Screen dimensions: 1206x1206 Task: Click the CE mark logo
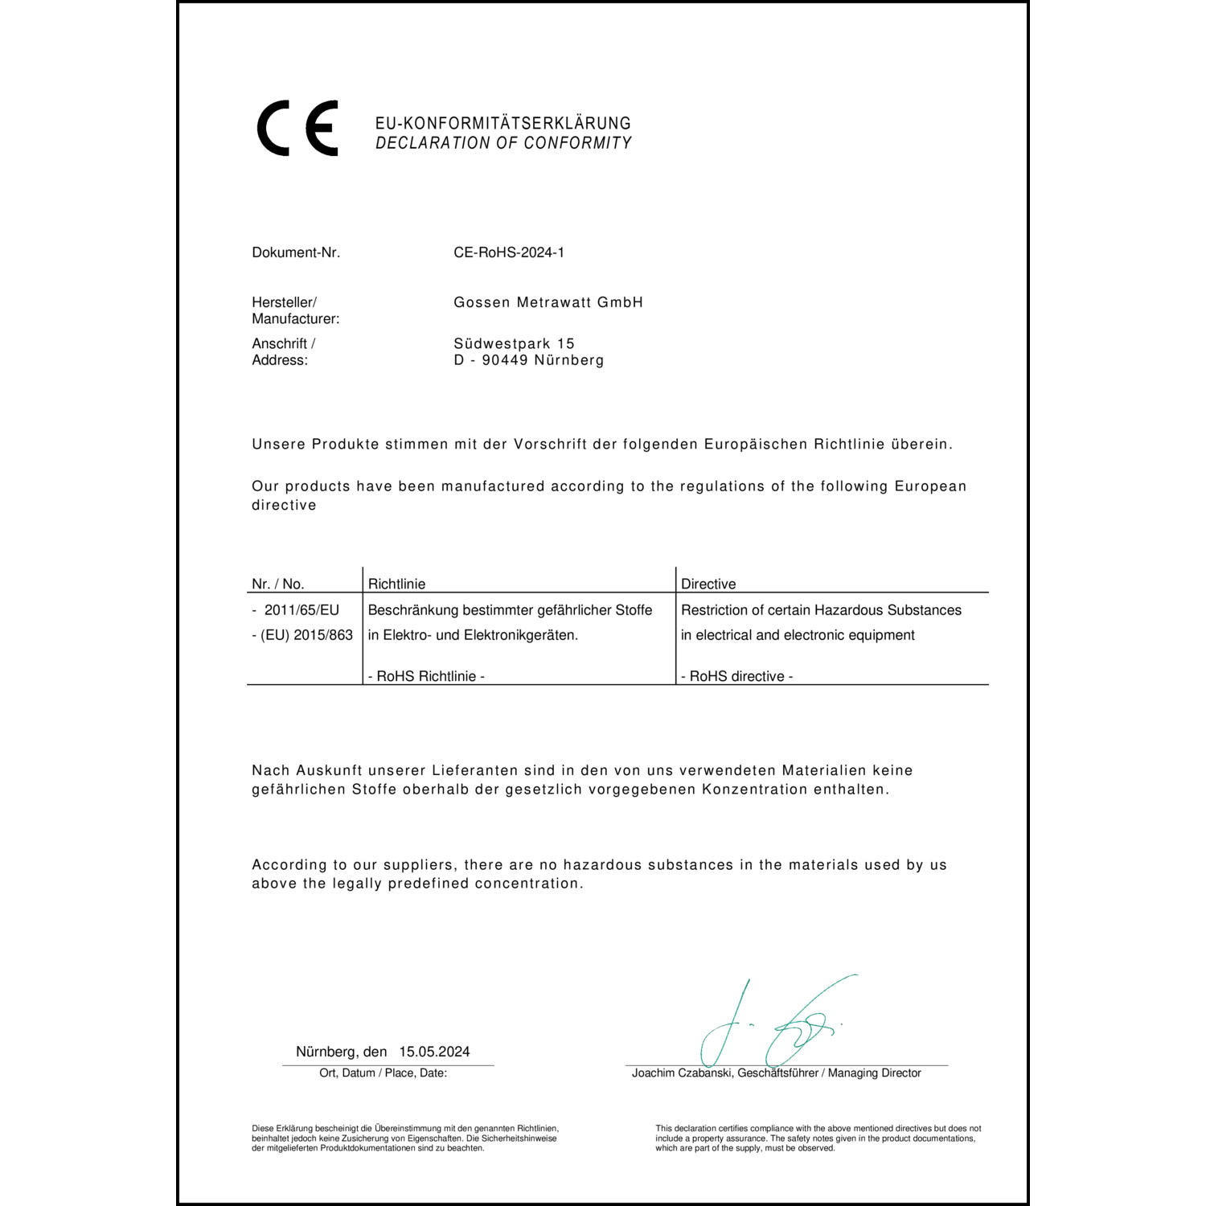(x=297, y=129)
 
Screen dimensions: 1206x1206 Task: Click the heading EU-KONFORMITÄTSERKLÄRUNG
(x=503, y=123)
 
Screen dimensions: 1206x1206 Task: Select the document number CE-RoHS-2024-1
(x=508, y=252)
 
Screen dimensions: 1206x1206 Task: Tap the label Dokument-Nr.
(x=296, y=252)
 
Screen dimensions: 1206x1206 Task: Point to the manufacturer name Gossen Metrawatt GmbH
(x=548, y=302)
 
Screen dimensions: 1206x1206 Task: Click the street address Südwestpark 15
(x=514, y=343)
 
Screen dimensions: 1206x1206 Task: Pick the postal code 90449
(x=504, y=360)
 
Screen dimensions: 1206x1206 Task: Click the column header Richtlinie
(x=396, y=584)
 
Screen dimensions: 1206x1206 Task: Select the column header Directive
(x=708, y=584)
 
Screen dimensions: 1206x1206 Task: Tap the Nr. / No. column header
(x=277, y=584)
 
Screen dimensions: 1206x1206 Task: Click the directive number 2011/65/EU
(x=301, y=610)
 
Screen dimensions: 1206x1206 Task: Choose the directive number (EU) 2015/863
(x=306, y=635)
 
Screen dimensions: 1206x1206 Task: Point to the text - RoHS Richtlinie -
(x=426, y=676)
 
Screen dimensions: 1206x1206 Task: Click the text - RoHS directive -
(x=736, y=676)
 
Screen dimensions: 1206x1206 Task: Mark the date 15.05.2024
(x=434, y=1052)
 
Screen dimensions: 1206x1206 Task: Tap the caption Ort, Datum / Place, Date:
(x=383, y=1073)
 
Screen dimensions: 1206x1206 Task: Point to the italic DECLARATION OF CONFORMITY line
(x=503, y=143)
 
